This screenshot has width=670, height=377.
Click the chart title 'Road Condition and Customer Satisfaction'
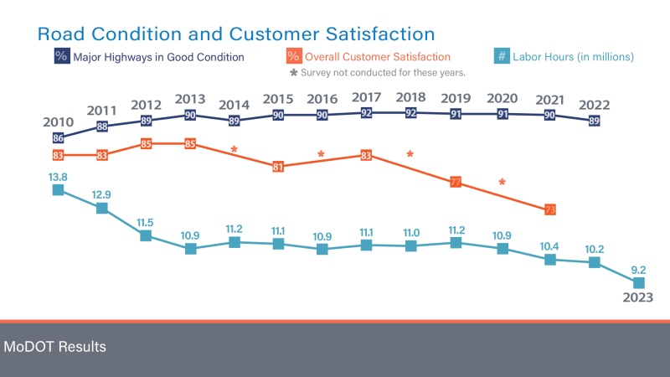pos(235,34)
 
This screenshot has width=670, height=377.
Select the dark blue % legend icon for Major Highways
pos(61,57)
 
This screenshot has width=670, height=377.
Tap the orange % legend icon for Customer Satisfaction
pos(293,57)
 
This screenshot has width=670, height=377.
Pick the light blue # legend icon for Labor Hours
pos(500,57)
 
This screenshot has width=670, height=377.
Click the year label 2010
pos(58,122)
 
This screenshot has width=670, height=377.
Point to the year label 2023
pos(637,297)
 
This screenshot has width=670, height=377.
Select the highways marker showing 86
pos(58,137)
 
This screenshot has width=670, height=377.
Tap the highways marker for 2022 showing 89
pos(594,121)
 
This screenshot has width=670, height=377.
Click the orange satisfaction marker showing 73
pos(549,209)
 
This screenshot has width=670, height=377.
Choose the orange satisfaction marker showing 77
pos(455,181)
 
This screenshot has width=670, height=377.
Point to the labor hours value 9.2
pos(637,270)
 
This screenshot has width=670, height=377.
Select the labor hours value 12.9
pos(102,194)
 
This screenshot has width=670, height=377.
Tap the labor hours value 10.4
pos(549,245)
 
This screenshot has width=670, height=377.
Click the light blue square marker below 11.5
pos(146,235)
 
